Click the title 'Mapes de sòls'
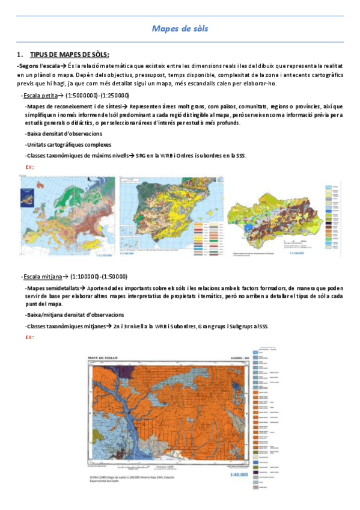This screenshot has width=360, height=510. tap(180, 28)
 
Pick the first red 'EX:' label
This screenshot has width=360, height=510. tap(29, 167)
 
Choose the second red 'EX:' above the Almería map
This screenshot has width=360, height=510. tap(29, 337)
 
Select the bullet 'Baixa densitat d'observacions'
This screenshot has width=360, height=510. tap(64, 134)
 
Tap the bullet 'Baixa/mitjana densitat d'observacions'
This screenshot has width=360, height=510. tap(75, 315)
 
